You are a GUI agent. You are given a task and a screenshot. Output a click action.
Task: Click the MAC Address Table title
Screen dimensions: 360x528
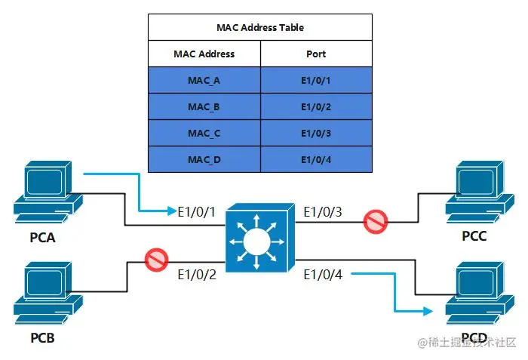pos(260,27)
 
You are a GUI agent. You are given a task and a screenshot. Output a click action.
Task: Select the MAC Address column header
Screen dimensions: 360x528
pos(204,54)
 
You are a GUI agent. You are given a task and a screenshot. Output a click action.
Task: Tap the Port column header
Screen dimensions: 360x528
pos(316,54)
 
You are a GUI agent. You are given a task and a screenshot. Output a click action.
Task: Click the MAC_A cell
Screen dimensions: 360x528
pos(204,80)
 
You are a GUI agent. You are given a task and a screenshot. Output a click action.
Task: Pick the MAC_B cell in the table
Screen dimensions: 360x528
pos(204,106)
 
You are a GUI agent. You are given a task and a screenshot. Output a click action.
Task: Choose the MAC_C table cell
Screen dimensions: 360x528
pos(204,133)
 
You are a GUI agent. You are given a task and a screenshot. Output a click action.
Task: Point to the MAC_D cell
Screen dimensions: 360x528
pos(204,159)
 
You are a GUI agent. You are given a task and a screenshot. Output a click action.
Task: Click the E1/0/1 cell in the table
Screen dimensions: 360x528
pos(316,80)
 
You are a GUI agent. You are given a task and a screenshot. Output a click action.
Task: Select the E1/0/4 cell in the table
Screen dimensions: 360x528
pos(316,159)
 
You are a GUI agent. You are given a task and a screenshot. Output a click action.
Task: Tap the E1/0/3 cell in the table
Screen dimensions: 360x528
pos(316,133)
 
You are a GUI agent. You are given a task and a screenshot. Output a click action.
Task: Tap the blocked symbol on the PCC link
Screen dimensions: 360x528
pos(376,222)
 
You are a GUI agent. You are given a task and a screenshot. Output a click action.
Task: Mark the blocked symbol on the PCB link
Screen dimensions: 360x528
pos(156,261)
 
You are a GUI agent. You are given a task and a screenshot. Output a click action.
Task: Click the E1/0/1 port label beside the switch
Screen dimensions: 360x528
pos(197,212)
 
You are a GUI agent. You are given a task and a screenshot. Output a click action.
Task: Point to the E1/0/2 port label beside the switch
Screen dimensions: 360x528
pos(197,275)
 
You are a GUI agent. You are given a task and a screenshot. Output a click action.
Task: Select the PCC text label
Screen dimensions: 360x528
pos(474,237)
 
